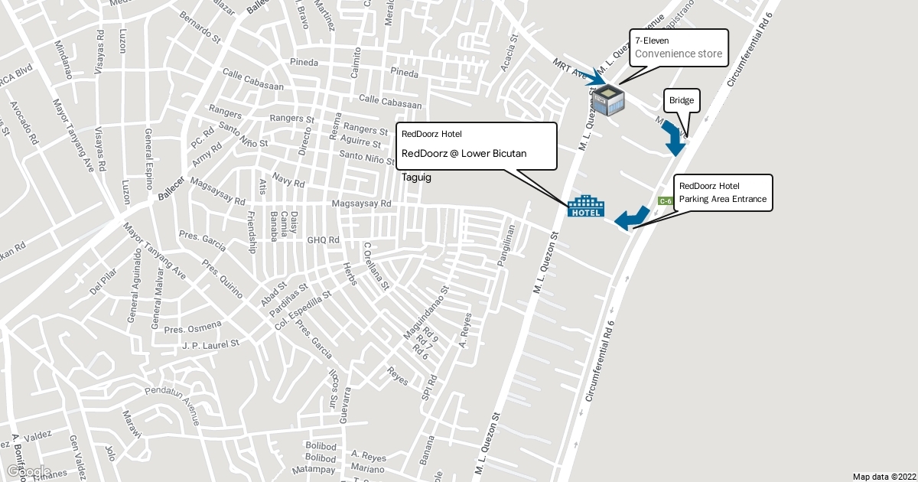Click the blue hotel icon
(x=586, y=207)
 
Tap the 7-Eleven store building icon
(x=608, y=101)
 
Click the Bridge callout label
(x=682, y=101)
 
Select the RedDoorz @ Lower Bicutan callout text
(x=464, y=154)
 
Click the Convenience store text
(x=679, y=54)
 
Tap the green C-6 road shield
(x=665, y=201)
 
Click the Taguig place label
(x=417, y=177)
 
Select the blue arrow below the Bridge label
(x=675, y=138)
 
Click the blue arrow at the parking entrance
(x=632, y=218)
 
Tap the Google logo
(x=26, y=472)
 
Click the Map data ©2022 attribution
(x=884, y=476)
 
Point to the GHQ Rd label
(x=323, y=240)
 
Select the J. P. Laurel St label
(x=211, y=345)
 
